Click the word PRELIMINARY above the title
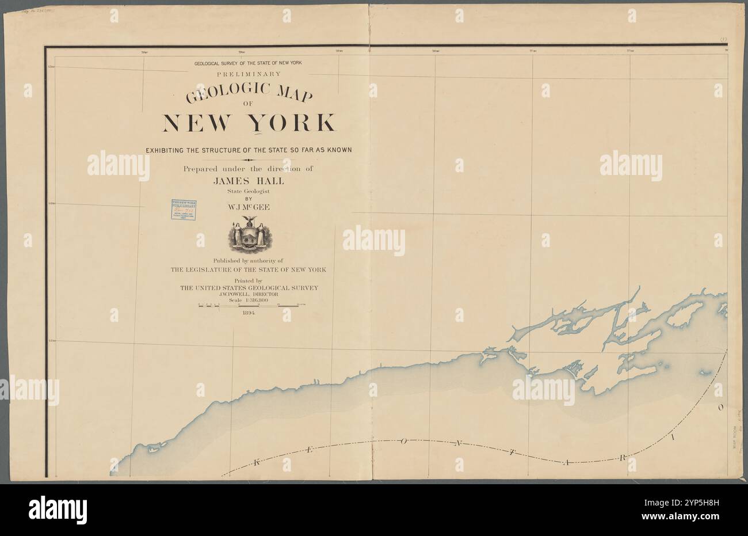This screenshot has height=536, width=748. [x=249, y=74]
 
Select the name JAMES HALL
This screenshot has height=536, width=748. [x=249, y=180]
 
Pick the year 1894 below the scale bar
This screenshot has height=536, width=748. [x=249, y=313]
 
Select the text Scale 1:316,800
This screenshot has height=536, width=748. [x=249, y=298]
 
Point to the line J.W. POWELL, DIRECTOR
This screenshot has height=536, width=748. [x=249, y=293]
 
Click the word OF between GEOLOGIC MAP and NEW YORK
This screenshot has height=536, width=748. [x=249, y=104]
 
